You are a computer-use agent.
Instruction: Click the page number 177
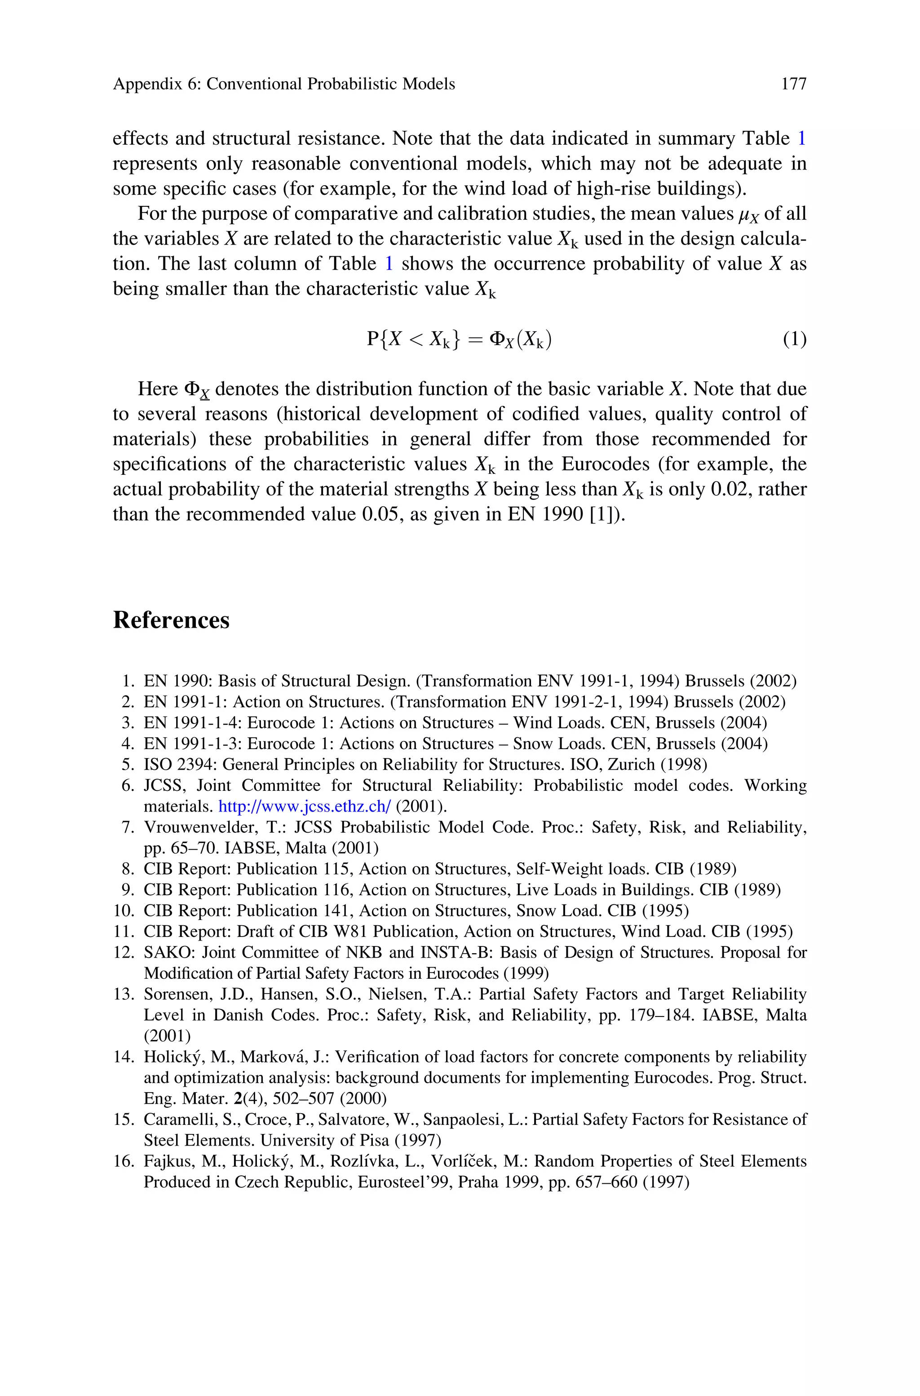pos(794,85)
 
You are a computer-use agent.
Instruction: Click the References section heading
pos(171,620)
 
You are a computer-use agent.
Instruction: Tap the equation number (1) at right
pos(794,339)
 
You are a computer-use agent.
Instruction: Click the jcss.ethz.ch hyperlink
pos(305,807)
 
